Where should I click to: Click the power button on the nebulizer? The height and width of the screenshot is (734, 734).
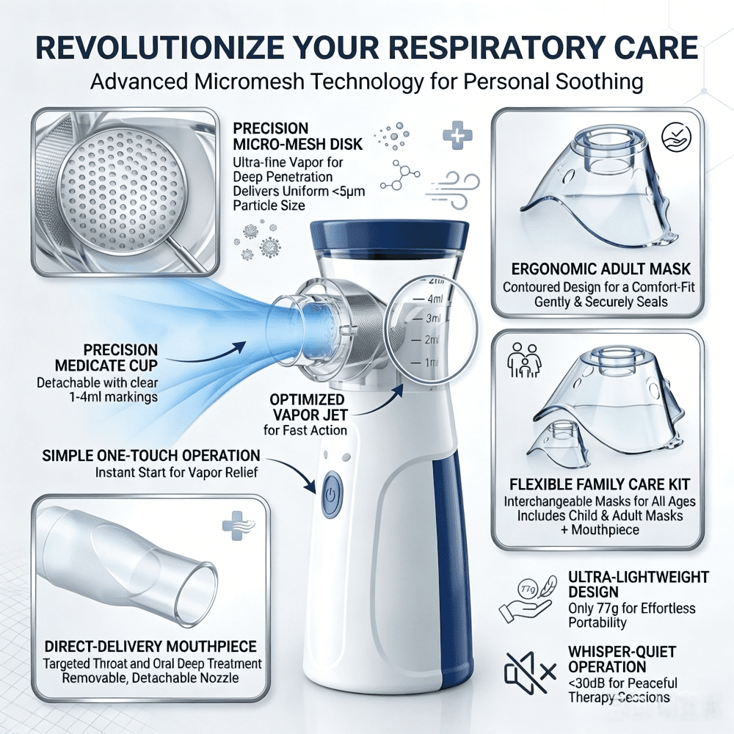(x=332, y=495)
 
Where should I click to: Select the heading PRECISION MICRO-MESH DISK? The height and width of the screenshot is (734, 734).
(x=298, y=137)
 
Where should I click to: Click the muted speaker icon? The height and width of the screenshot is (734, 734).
(x=530, y=673)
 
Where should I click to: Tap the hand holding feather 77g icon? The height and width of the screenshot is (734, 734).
(x=526, y=600)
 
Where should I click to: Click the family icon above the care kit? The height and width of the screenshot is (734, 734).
(x=524, y=360)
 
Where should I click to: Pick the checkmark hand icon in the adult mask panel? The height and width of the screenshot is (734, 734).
(x=676, y=137)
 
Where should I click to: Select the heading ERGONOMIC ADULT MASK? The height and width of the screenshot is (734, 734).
(x=600, y=269)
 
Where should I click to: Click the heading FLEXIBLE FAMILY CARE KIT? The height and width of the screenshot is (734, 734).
(x=600, y=484)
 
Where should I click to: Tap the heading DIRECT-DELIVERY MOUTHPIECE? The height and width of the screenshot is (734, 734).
(x=150, y=647)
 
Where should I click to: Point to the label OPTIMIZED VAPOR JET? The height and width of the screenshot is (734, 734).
(x=308, y=407)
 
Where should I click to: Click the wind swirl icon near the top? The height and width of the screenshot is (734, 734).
(x=453, y=189)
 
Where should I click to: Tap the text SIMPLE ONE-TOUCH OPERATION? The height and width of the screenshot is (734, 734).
(x=150, y=456)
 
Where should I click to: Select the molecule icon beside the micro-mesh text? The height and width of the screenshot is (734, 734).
(x=399, y=176)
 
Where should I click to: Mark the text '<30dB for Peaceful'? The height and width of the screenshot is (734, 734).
(x=622, y=683)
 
